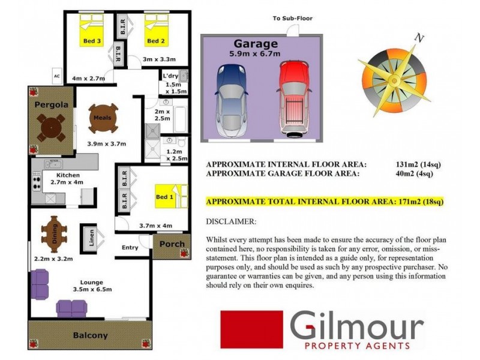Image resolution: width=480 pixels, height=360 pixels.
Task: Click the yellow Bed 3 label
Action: [x=92, y=41]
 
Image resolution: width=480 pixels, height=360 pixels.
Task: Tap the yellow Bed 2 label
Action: [x=155, y=41]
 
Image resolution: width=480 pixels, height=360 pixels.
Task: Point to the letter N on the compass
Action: [x=419, y=40]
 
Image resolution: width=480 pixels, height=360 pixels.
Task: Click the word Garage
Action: [x=256, y=44]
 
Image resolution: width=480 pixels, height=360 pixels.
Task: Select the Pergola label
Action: [x=50, y=104]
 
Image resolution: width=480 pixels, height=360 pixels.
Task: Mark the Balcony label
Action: [x=90, y=335]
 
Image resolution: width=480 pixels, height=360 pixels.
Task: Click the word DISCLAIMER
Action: [x=231, y=221]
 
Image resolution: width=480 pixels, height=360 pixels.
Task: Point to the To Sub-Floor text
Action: [x=293, y=19]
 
